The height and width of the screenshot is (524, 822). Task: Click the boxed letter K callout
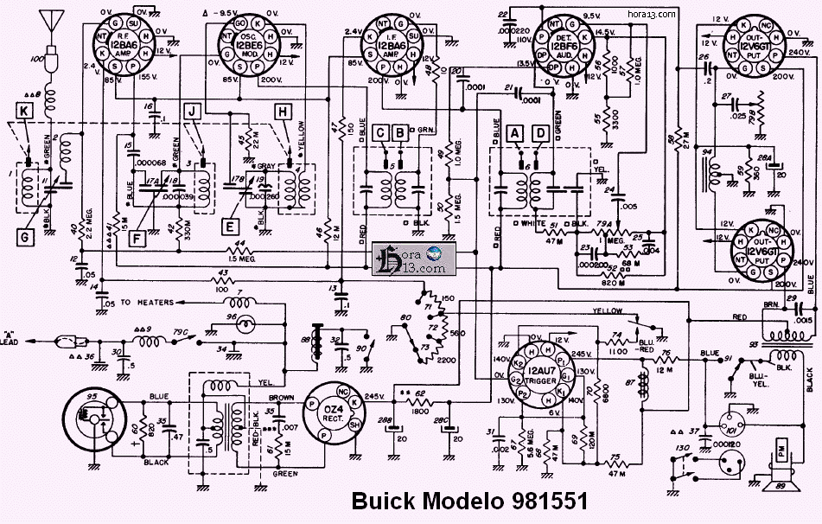pos(24,111)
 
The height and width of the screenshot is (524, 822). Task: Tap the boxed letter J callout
pos(193,110)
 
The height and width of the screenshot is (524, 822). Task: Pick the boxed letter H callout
pos(283,110)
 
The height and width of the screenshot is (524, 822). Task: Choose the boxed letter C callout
pos(382,133)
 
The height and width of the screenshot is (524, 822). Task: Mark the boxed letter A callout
pos(516,133)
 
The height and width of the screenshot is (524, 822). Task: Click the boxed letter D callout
pos(540,133)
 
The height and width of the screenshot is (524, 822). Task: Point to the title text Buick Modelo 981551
pos(469,503)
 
